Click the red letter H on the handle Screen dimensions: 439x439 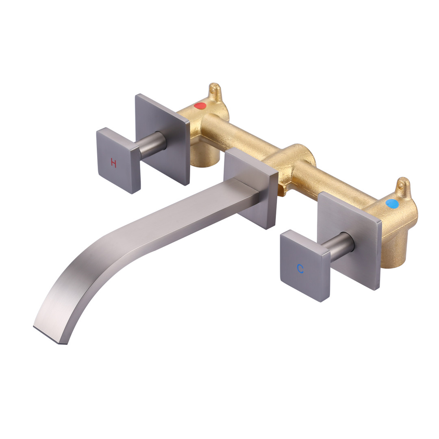pyautogui.click(x=113, y=163)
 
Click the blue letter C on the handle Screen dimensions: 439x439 pyautogui.click(x=300, y=269)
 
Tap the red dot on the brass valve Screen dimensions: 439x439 pyautogui.click(x=200, y=106)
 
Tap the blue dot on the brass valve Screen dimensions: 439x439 pyautogui.click(x=391, y=203)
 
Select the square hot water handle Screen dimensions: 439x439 pyautogui.click(x=118, y=161)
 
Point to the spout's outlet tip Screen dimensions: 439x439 pyautogui.click(x=50, y=335)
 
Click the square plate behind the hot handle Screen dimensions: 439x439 pyautogui.click(x=162, y=139)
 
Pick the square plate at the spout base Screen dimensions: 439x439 pyautogui.click(x=251, y=188)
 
